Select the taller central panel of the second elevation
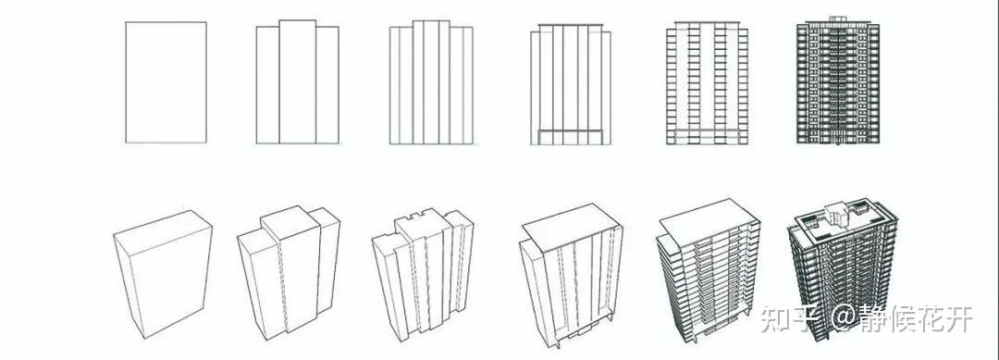(298, 81)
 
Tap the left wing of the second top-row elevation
(267, 85)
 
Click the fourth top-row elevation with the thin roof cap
(570, 84)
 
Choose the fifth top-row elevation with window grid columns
(708, 82)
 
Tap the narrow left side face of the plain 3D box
(128, 287)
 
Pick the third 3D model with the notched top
(423, 274)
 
